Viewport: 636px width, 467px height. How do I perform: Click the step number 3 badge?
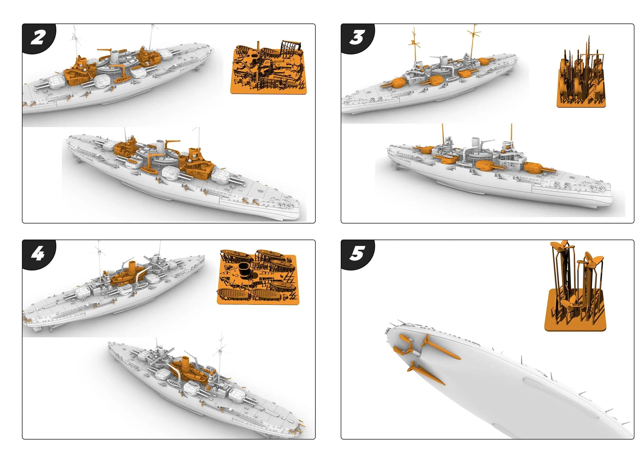(x=357, y=38)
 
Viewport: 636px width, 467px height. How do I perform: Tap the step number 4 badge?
(x=38, y=254)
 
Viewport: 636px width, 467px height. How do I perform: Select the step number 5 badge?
(x=357, y=254)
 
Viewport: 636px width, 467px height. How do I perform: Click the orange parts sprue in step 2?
(x=268, y=68)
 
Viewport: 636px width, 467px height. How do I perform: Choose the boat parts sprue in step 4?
(x=257, y=277)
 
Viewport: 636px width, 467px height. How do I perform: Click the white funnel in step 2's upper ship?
(x=114, y=57)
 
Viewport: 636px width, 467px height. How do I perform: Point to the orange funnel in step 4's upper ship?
(x=132, y=267)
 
